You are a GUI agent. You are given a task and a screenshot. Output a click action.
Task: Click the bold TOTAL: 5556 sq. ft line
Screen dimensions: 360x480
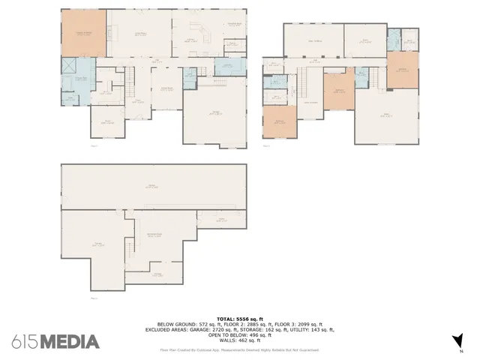pyautogui.click(x=239, y=318)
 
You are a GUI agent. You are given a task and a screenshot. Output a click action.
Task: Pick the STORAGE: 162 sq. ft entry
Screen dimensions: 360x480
pyautogui.click(x=267, y=329)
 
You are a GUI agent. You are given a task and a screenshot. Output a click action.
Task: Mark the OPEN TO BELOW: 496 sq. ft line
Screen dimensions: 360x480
pyautogui.click(x=239, y=334)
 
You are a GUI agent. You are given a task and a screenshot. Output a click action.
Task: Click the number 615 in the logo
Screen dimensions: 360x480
pyautogui.click(x=24, y=342)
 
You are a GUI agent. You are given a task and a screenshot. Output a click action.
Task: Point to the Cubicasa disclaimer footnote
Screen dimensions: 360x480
pyautogui.click(x=239, y=350)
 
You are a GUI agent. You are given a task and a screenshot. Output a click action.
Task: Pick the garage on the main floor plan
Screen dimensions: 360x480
pyautogui.click(x=215, y=112)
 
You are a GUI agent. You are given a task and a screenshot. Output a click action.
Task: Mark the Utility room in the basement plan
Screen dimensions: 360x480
pyautogui.click(x=158, y=274)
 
